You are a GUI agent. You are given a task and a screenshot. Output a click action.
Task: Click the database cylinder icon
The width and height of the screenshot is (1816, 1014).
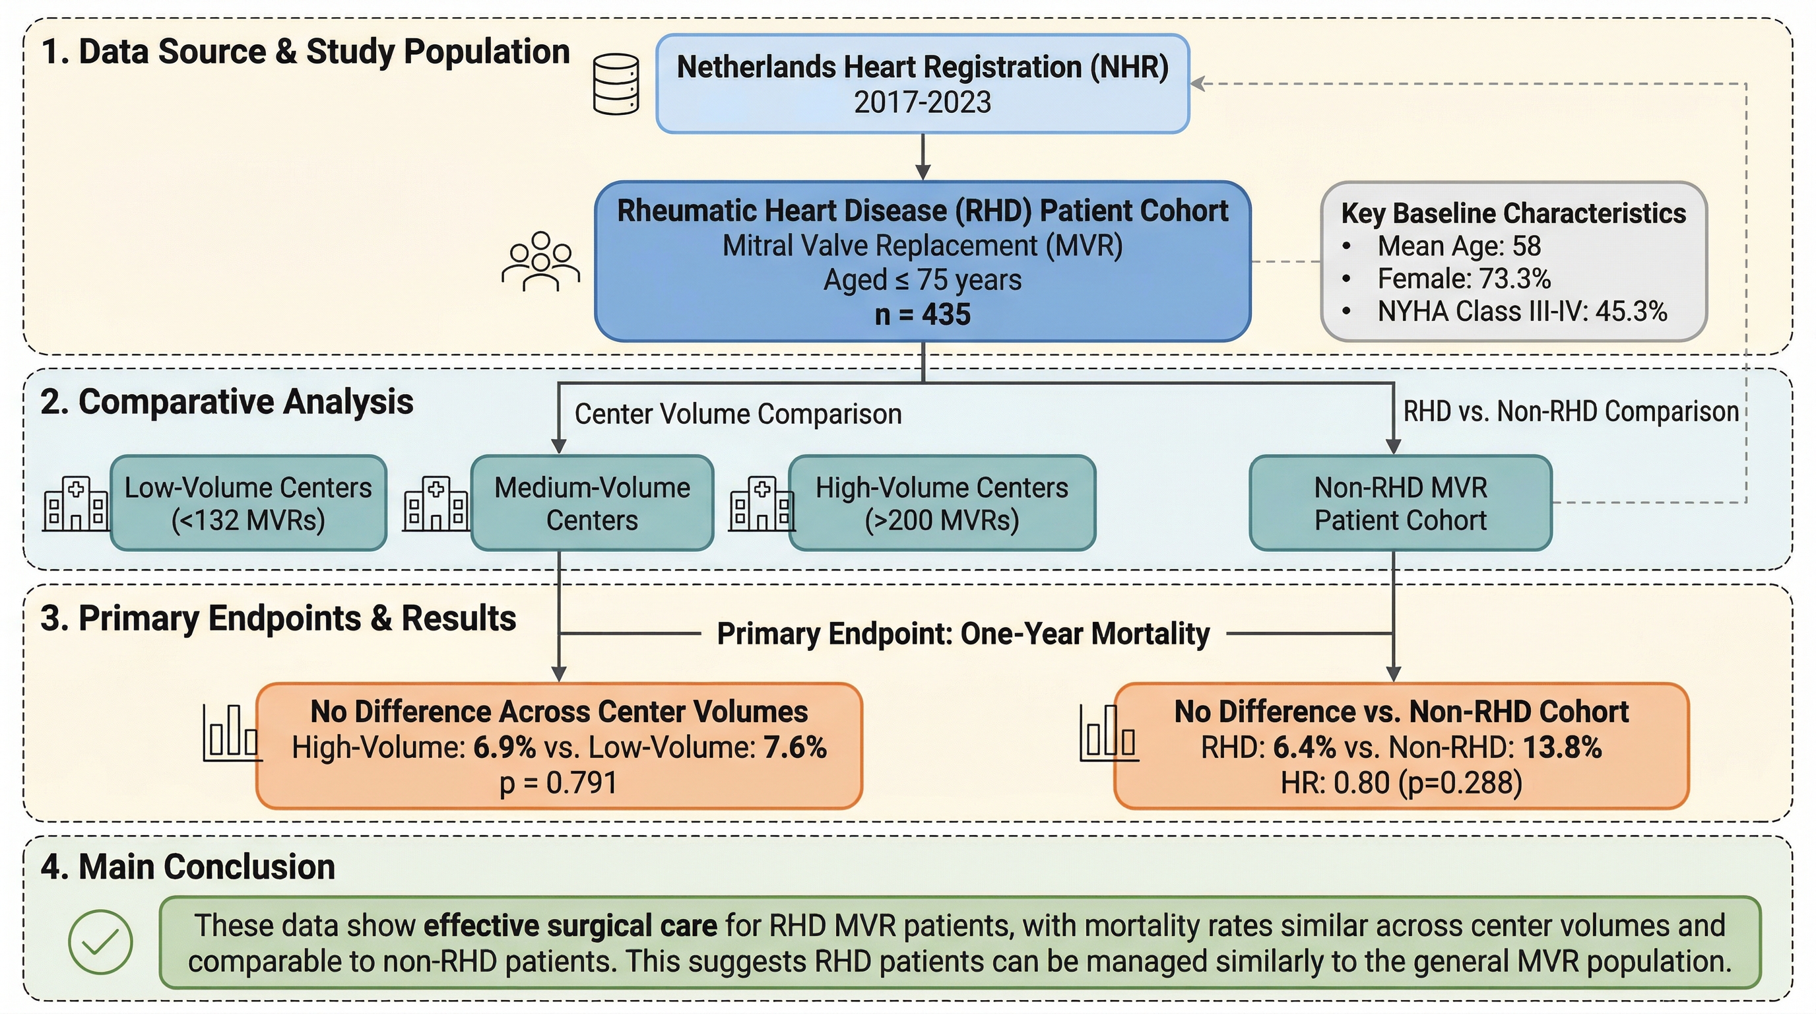(616, 84)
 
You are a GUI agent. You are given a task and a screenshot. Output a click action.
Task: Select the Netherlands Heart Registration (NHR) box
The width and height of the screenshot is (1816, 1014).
(922, 83)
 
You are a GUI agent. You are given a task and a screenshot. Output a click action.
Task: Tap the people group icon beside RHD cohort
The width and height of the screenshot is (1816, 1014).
(540, 261)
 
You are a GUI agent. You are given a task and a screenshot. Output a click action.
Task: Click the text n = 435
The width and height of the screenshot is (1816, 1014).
(922, 314)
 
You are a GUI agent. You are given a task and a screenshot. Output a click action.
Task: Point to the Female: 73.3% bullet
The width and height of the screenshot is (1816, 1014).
(1464, 279)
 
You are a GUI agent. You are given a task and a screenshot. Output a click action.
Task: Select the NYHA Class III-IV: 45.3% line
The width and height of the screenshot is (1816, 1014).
(1521, 312)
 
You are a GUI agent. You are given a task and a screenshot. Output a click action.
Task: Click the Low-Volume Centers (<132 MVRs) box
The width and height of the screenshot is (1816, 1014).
(248, 503)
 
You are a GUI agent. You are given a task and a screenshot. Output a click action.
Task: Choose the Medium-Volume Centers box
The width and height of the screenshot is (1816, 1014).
(591, 503)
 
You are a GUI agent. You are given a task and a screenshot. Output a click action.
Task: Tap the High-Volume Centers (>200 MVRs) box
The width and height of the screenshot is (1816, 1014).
(941, 503)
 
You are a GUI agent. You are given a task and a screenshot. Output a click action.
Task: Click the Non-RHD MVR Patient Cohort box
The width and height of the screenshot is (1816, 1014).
(1400, 503)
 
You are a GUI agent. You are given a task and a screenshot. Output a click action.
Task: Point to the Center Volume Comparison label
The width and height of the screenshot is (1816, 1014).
(737, 414)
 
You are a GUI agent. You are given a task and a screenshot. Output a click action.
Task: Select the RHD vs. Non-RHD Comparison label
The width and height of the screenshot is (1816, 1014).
(1571, 411)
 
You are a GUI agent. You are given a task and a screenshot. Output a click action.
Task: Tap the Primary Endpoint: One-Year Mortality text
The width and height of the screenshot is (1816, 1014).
(963, 633)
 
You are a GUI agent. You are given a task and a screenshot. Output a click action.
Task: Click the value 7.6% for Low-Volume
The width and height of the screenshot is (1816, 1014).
(794, 747)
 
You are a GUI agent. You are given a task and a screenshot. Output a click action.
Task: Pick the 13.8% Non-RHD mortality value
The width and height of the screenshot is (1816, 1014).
(1562, 747)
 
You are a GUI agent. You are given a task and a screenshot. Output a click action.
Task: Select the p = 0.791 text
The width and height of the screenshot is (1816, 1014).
(558, 784)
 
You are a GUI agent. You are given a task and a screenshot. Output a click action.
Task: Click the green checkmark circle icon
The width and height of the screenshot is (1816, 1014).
(100, 942)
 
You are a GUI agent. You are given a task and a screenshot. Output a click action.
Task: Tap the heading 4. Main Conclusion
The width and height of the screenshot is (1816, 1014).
(187, 867)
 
